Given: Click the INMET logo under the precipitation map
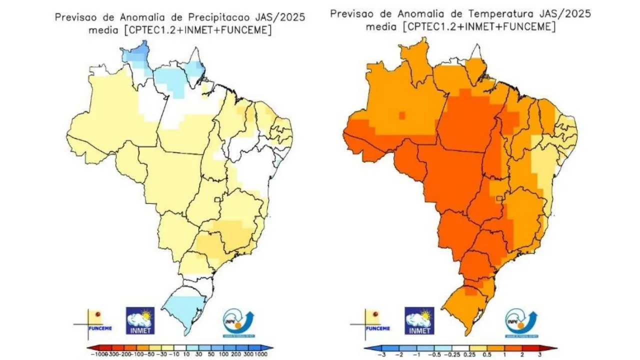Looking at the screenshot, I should click(140, 320).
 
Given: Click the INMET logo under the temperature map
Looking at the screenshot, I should click(419, 320).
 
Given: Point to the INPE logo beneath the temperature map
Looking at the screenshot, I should click(520, 320).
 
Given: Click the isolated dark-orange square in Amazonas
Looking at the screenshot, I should click(401, 115).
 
